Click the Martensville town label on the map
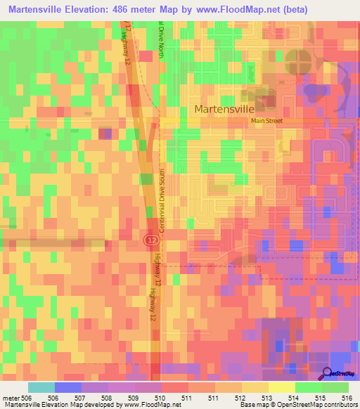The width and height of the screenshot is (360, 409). point(227,110)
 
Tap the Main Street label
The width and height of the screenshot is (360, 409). point(266,121)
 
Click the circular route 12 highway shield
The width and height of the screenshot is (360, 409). point(151,240)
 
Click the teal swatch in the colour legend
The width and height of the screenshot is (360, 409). point(41,387)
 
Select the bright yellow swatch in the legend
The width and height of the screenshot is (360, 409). point(281,387)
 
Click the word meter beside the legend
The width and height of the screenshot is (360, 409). point(11,398)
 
